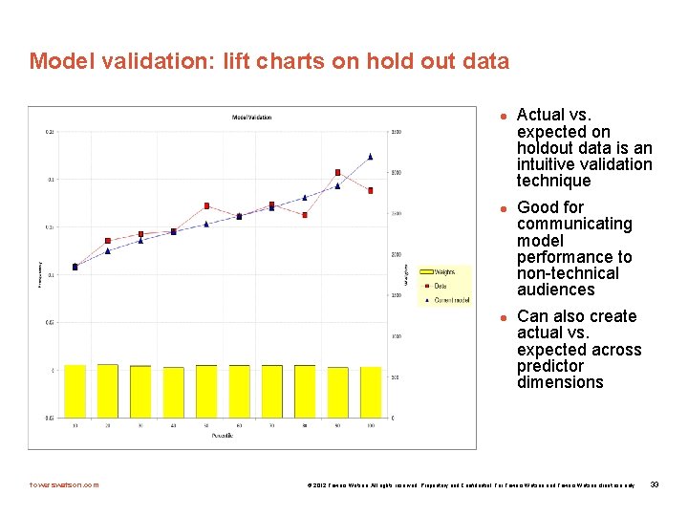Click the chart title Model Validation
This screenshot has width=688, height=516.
tap(251, 118)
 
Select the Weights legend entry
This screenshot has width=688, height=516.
tap(444, 272)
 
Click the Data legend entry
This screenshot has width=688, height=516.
tap(440, 286)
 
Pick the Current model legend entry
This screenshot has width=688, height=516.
tap(451, 300)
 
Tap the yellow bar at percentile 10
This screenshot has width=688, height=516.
tap(75, 392)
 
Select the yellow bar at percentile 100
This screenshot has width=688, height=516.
tap(370, 393)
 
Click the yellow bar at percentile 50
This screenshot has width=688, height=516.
tap(206, 392)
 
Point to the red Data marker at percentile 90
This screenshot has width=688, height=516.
tap(337, 173)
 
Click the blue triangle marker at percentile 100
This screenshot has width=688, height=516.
tap(370, 157)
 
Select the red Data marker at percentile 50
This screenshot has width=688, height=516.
tap(206, 205)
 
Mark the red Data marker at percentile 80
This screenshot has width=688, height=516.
tap(305, 215)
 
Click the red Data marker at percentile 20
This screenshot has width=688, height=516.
tap(108, 241)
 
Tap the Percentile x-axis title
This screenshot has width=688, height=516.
tap(223, 435)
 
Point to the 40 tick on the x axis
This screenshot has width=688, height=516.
tap(173, 425)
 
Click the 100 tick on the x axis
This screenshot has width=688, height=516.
tap(370, 425)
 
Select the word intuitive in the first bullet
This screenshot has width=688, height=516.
tap(550, 164)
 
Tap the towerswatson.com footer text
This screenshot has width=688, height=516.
tap(65, 484)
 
